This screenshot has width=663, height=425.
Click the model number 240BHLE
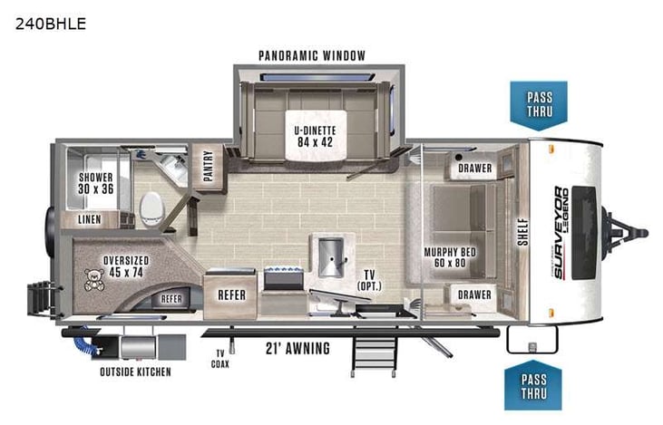click(x=51, y=24)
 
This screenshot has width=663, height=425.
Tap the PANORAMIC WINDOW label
click(x=312, y=56)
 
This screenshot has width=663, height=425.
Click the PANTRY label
click(x=208, y=166)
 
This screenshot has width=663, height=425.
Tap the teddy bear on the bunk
click(x=93, y=279)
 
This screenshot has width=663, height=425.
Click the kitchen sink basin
click(x=328, y=249)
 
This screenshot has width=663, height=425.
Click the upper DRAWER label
click(x=474, y=169)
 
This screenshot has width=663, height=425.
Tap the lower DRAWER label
click(x=474, y=295)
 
